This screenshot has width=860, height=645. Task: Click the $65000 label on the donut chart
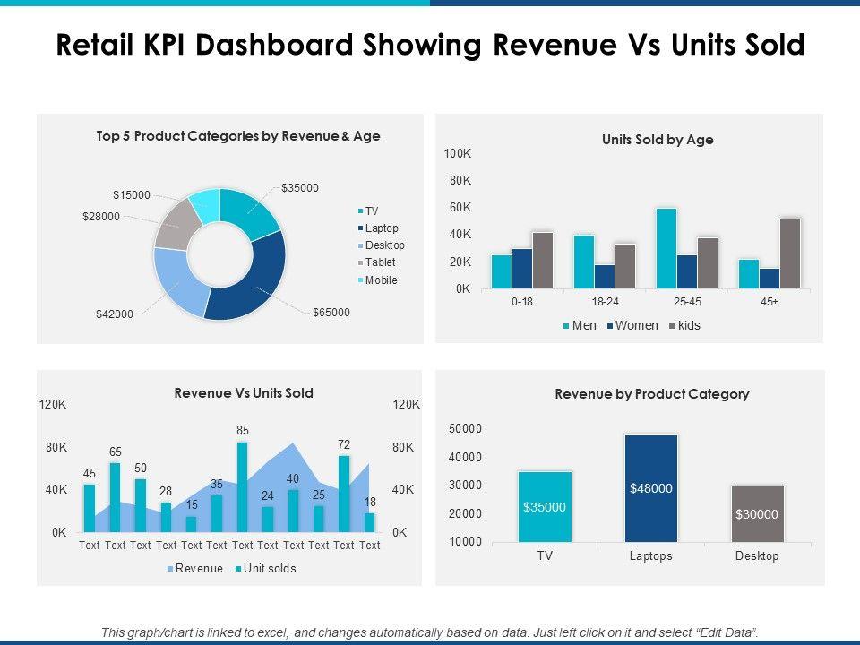331,313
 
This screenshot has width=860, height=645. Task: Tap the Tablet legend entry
379,262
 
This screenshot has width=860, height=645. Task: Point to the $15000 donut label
132,194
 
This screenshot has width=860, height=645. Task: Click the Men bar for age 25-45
666,248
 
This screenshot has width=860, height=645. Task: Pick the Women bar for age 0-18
522,269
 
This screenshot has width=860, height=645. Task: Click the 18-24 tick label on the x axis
605,302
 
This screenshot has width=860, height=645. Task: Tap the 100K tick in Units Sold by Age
458,155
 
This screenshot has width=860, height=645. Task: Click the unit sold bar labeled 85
243,487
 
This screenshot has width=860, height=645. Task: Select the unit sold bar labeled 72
344,494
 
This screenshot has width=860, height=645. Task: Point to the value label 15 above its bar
191,505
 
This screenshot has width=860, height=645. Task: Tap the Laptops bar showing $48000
651,488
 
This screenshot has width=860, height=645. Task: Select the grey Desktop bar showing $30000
757,514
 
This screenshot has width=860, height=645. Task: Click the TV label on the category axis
545,556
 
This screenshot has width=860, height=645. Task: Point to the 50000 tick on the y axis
464,429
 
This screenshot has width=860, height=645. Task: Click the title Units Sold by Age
658,140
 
